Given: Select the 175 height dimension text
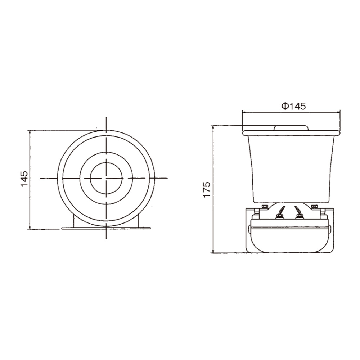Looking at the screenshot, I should pos(206,189).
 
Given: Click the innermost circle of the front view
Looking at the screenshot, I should pos(106,178).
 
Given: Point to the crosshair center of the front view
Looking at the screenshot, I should pos(106,178).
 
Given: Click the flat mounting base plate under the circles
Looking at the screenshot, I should pos(106,228).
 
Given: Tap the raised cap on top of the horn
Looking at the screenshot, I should pos(291,128).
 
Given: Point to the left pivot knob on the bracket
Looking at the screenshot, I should pos(249,228).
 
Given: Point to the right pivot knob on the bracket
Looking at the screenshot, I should pos(330,228).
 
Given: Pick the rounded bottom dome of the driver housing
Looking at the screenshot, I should pos(290,241).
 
